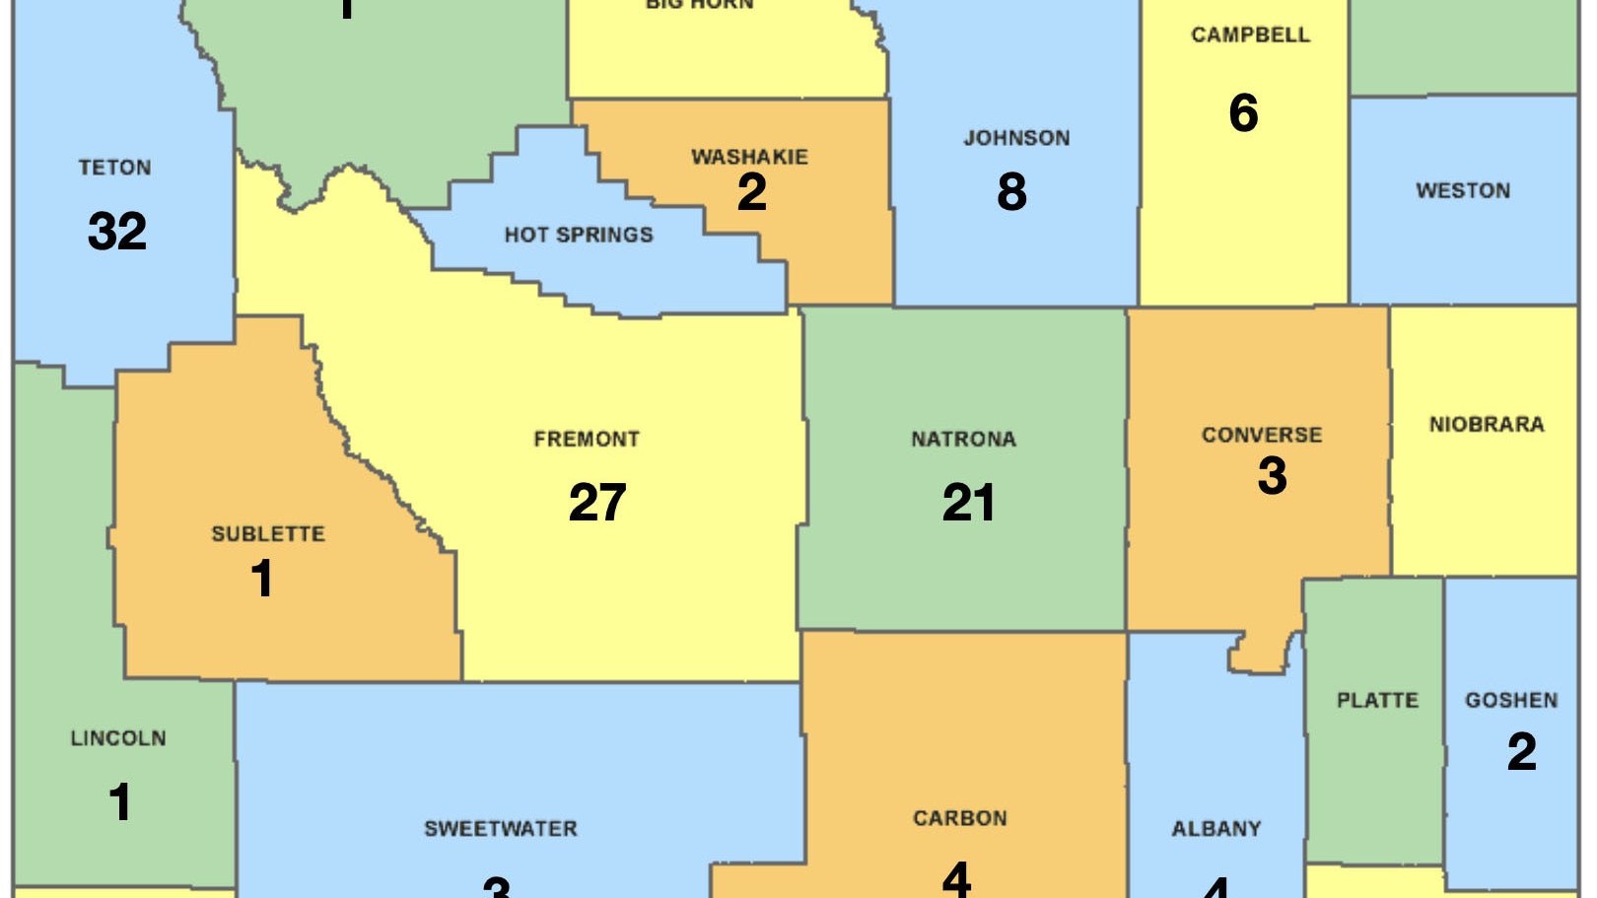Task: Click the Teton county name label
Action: (x=115, y=168)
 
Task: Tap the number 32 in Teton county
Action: (x=117, y=232)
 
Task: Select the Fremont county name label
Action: (x=587, y=439)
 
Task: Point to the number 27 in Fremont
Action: (x=597, y=502)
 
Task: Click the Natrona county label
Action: (x=963, y=439)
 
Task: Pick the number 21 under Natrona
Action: (x=968, y=502)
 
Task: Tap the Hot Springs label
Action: (x=579, y=235)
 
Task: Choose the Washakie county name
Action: (x=749, y=157)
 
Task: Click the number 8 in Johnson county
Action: (x=1011, y=191)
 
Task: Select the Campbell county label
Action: (x=1250, y=35)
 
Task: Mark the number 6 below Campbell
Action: (x=1243, y=112)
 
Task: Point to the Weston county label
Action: (x=1463, y=190)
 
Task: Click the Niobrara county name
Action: (x=1487, y=424)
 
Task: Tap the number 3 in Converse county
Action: (x=1272, y=475)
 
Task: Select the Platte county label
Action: (x=1377, y=700)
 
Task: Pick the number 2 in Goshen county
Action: (x=1521, y=751)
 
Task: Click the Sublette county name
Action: (x=268, y=533)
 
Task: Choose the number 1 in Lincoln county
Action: (x=119, y=801)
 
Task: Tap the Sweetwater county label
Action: (x=501, y=828)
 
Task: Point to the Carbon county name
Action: (x=960, y=818)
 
